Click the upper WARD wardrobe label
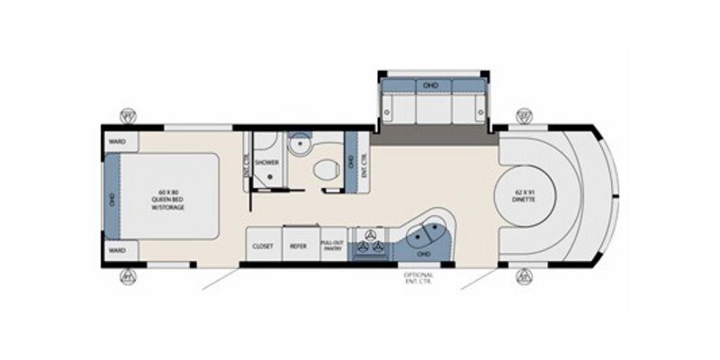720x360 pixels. pyautogui.click(x=116, y=141)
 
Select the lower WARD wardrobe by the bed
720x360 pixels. pyautogui.click(x=116, y=249)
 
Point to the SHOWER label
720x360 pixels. pyautogui.click(x=266, y=163)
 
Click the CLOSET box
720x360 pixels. pyautogui.click(x=264, y=245)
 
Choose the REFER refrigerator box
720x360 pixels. pyautogui.click(x=298, y=245)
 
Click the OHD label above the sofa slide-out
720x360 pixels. pyautogui.click(x=430, y=85)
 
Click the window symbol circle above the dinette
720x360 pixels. pyautogui.click(x=525, y=115)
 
